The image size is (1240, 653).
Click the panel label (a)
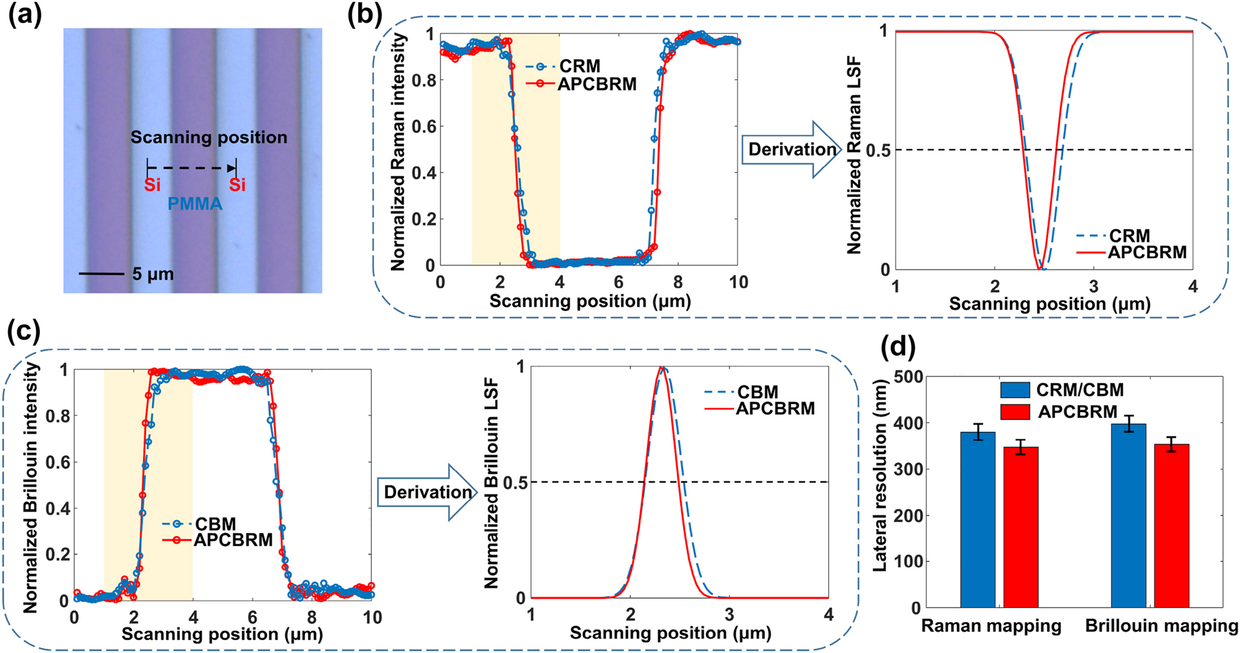(25, 16)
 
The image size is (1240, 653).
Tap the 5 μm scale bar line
(101, 274)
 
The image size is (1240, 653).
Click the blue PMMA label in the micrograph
(195, 204)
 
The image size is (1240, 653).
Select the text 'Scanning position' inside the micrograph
(209, 137)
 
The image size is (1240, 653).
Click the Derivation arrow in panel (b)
(791, 149)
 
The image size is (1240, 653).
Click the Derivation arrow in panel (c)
(427, 492)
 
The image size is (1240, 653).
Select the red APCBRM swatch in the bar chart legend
(1015, 412)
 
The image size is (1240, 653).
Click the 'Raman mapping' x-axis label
(991, 626)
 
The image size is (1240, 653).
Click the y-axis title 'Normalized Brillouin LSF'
(491, 482)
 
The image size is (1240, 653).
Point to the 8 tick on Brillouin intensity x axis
(312, 617)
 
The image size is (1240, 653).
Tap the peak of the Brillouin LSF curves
(662, 368)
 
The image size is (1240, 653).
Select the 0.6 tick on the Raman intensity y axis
(424, 127)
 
